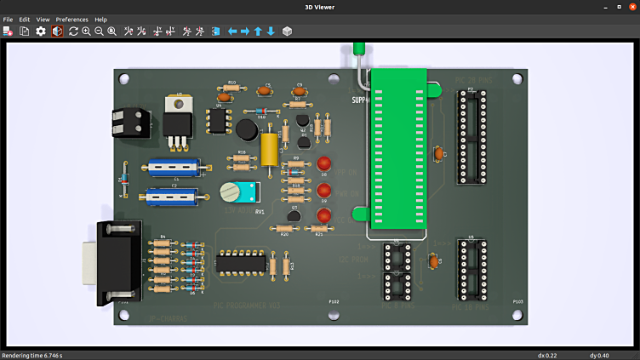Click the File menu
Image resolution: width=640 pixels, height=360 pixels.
[8, 19]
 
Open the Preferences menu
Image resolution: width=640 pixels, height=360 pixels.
[71, 19]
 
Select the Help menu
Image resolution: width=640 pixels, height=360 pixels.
[100, 19]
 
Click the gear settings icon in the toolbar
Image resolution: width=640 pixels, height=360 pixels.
[41, 31]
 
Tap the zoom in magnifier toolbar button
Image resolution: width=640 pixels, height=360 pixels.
[86, 31]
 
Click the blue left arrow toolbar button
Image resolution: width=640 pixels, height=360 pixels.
[231, 31]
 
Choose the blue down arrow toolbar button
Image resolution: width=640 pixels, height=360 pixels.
[271, 31]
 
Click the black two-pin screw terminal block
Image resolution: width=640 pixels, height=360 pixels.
[129, 122]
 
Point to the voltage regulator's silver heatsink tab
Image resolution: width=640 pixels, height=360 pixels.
[177, 103]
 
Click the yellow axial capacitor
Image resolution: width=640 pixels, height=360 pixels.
[270, 149]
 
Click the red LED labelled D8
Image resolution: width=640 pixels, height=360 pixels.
[323, 163]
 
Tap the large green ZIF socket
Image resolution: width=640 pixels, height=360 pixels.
[398, 149]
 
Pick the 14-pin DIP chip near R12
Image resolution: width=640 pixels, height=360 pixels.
[241, 263]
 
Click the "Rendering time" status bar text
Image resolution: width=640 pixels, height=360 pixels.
[32, 355]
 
